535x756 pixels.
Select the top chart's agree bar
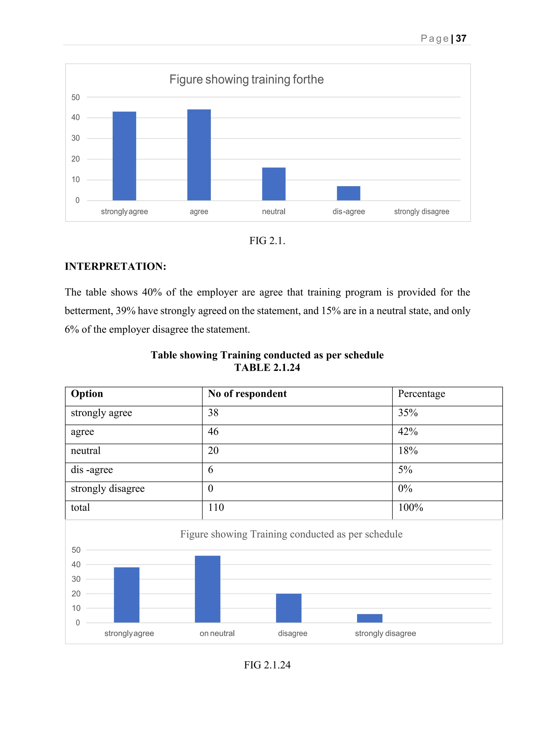pos(199,155)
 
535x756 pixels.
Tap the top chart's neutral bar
pos(274,184)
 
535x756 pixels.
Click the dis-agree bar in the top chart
pos(348,193)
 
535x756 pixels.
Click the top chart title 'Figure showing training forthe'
pos(246,79)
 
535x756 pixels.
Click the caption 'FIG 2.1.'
pos(267,241)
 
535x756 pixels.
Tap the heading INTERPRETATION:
pos(115,266)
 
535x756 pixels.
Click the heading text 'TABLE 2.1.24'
pos(267,367)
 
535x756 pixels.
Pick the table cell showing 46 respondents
pos(213,431)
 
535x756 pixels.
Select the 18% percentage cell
pos(408,450)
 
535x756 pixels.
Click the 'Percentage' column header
pos(421,394)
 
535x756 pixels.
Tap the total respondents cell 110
pos(216,507)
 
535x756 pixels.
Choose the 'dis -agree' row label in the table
pos(92,470)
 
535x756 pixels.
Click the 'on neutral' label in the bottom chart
pos(217,633)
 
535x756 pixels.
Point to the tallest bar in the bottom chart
pos(207,589)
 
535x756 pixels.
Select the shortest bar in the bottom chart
pos(370,618)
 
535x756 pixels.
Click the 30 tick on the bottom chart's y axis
pos(76,579)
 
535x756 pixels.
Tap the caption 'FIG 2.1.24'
pos(267,665)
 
